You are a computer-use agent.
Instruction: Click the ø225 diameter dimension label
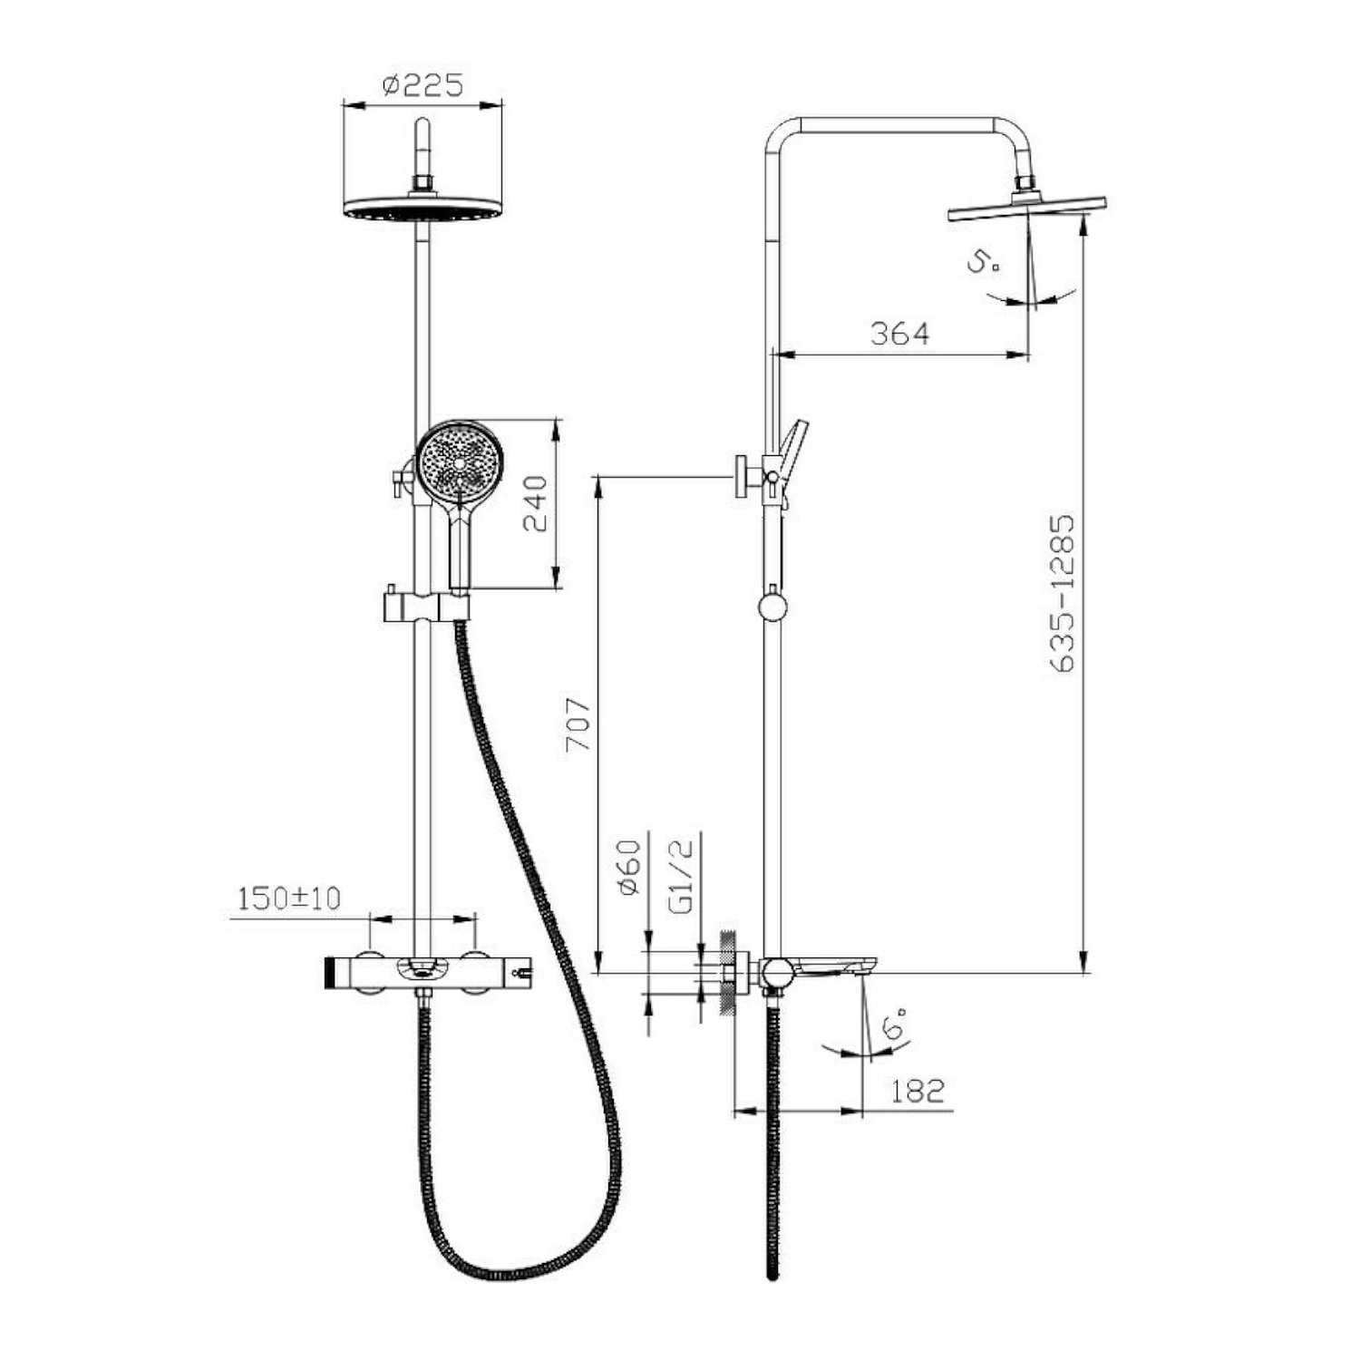[423, 85]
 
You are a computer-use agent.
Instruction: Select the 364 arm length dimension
[899, 334]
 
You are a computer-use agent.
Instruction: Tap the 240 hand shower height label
[535, 503]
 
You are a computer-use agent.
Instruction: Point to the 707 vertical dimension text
[578, 724]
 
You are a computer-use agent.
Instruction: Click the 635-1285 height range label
[1061, 594]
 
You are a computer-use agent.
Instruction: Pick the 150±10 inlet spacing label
[288, 899]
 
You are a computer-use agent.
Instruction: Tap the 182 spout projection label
[918, 1091]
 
